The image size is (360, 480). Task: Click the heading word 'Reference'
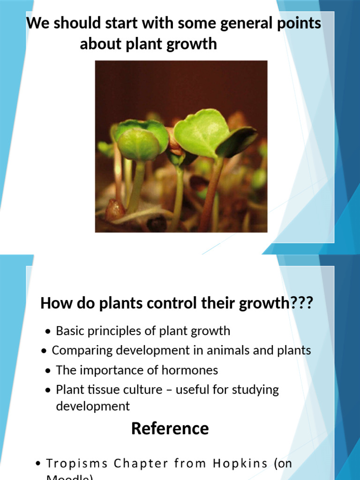(170, 428)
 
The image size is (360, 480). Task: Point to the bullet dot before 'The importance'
(48, 371)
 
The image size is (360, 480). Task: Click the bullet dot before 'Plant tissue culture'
(48, 390)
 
